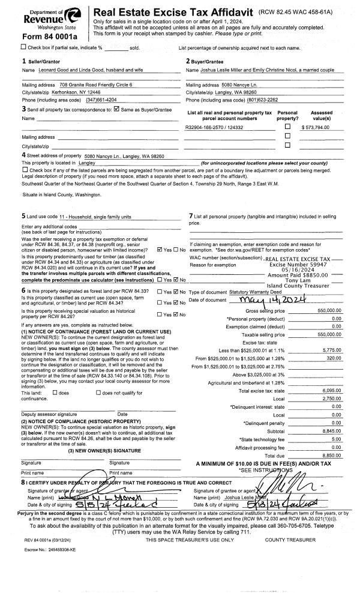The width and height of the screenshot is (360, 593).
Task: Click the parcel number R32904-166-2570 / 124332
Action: point(214,128)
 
